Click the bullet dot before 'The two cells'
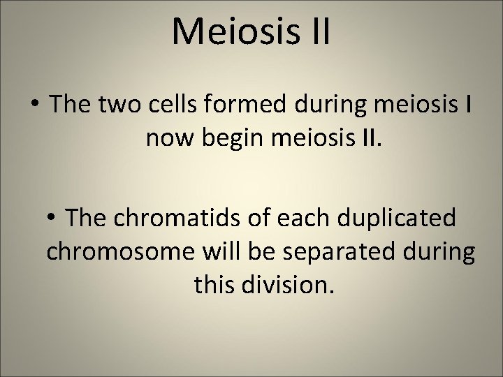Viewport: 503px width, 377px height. pyautogui.click(x=34, y=106)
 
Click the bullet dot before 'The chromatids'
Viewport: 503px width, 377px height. pyautogui.click(x=59, y=218)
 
